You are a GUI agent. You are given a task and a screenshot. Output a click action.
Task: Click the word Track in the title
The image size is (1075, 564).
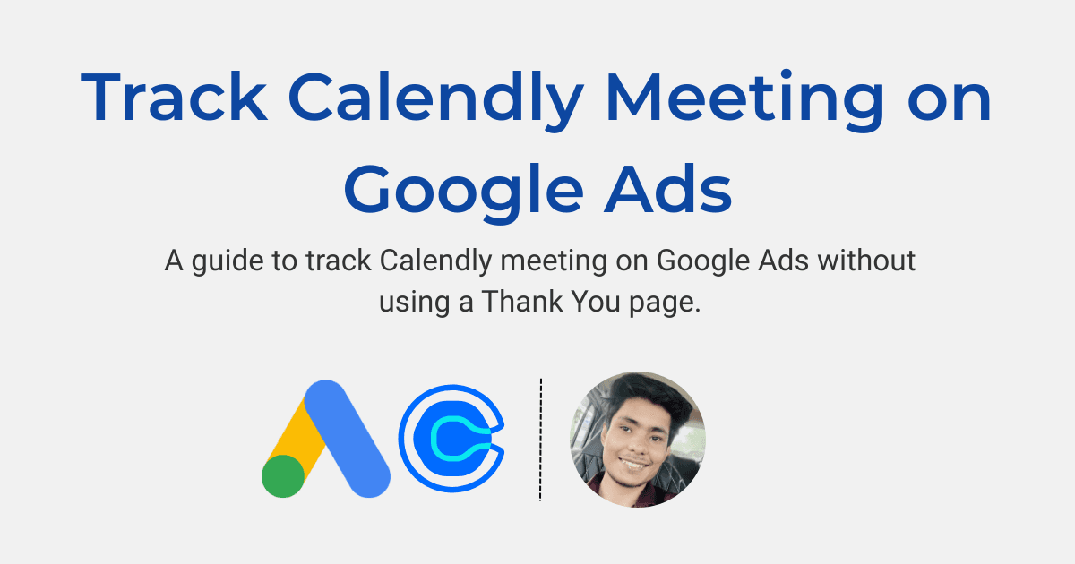coord(172,98)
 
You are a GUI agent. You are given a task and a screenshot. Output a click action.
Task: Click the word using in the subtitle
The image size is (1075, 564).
coord(413,303)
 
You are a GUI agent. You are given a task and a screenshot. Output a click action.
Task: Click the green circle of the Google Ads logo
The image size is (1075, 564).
coord(283,474)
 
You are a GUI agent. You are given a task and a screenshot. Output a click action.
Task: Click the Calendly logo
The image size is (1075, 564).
coord(452,440)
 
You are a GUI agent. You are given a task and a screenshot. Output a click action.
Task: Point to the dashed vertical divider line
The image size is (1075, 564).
coord(541,439)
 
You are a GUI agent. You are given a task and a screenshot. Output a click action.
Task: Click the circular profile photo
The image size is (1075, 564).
coord(638,440)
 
